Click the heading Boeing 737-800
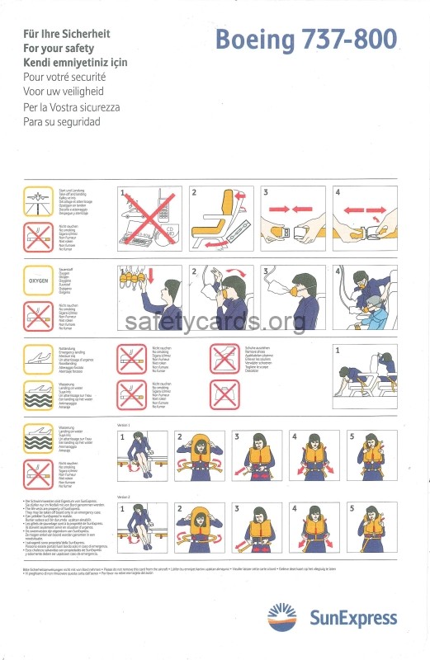306,40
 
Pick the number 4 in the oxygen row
337,271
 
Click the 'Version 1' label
125,425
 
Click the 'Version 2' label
125,497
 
